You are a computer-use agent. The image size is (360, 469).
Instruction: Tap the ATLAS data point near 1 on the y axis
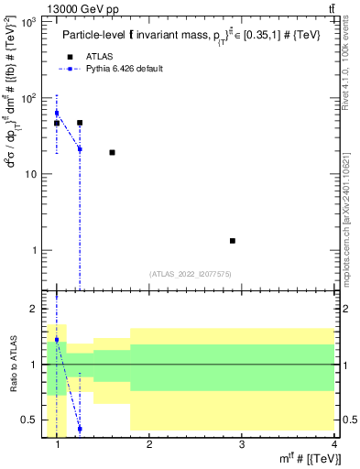click(233, 241)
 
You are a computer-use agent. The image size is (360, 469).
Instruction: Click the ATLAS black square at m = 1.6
click(112, 152)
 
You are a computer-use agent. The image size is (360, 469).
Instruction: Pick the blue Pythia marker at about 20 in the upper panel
click(80, 149)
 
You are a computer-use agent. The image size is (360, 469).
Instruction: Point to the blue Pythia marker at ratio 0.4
click(80, 429)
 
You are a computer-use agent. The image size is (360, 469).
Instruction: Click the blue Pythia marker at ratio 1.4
click(57, 340)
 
